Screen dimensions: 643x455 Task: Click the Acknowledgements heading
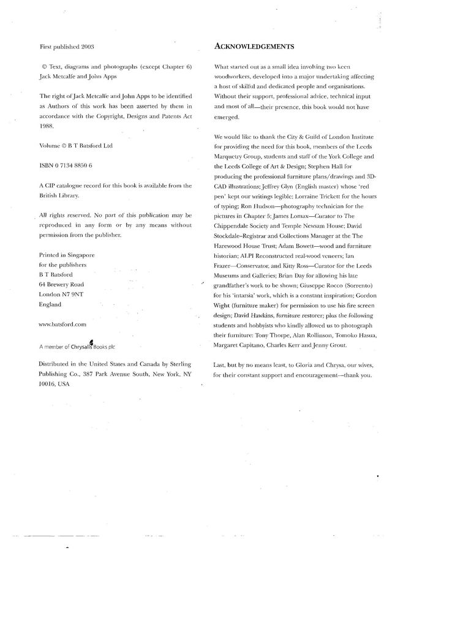[255, 47]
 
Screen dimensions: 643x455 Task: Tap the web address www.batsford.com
[62, 325]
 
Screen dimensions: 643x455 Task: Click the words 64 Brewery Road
[61, 285]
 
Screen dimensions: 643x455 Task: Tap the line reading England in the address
[50, 304]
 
